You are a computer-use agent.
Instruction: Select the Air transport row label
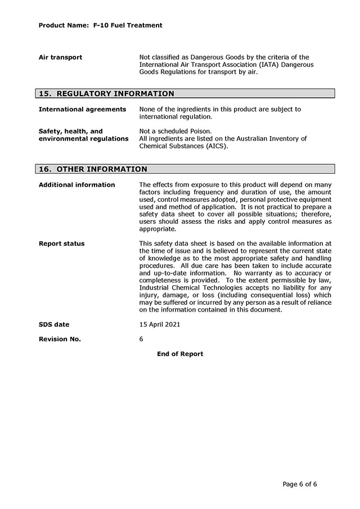60,57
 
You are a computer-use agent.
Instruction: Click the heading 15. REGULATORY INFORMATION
106,94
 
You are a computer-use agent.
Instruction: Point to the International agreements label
82,109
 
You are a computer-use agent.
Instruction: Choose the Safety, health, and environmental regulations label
83,135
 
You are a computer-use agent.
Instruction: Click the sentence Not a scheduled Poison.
175,131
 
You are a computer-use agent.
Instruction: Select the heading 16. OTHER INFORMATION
93,169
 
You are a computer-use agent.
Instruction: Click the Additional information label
76,184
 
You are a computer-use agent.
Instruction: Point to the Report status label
62,244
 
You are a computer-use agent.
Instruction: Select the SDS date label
54,325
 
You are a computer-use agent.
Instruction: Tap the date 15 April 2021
160,325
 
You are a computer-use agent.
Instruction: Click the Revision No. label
60,339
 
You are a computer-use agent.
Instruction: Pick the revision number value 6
141,339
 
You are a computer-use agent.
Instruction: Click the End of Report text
180,354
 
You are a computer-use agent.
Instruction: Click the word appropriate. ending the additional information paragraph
157,229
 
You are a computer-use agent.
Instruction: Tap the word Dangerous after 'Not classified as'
215,57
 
